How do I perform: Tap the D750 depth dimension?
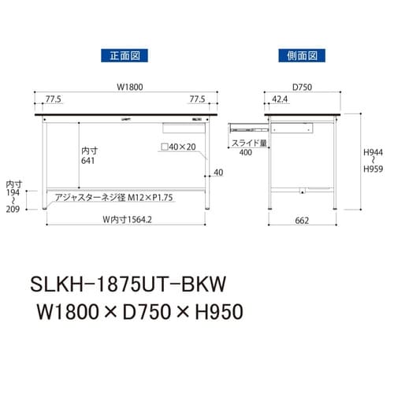(x=301, y=88)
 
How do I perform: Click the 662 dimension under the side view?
(x=301, y=221)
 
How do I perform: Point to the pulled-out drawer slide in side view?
(x=249, y=126)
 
